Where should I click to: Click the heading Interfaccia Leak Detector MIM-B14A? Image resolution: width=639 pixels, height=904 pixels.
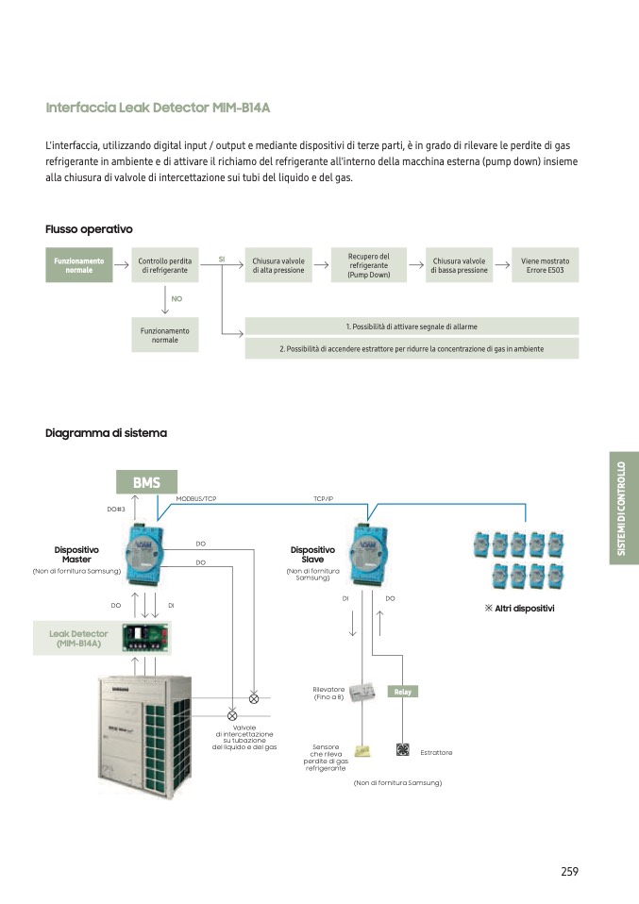pos(158,108)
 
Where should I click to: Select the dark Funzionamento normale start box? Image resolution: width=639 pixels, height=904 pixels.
pos(79,265)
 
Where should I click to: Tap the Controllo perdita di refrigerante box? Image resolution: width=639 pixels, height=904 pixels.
pos(165,265)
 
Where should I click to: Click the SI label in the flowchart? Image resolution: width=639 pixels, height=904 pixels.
pos(222,258)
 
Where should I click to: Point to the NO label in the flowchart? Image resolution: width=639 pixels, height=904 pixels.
pos(177,298)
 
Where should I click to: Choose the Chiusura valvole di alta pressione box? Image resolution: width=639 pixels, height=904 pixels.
pos(278,265)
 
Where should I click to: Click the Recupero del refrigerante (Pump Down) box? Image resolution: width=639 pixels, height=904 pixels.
pos(368,265)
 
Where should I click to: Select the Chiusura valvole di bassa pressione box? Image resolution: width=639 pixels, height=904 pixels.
pos(459,265)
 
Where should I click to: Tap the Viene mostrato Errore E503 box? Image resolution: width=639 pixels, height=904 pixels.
pos(545,265)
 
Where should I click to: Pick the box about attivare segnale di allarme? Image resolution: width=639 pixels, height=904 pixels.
pos(412,326)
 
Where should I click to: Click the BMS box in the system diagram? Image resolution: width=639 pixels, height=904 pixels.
pos(146,482)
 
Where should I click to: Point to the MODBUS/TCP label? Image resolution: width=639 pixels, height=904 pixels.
pos(196,498)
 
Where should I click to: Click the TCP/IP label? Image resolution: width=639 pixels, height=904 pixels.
pos(324,498)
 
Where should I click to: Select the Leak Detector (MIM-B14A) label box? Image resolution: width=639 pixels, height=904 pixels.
pos(79,639)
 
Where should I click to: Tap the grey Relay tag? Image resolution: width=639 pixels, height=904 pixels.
pos(403,692)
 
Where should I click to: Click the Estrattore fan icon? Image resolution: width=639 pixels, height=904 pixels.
pos(402,750)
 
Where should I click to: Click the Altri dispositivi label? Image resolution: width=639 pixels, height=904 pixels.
pos(518,609)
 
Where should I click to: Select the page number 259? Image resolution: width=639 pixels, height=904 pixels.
pos(569,871)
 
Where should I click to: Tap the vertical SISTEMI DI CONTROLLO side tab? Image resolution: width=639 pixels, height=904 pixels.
pos(624,508)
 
